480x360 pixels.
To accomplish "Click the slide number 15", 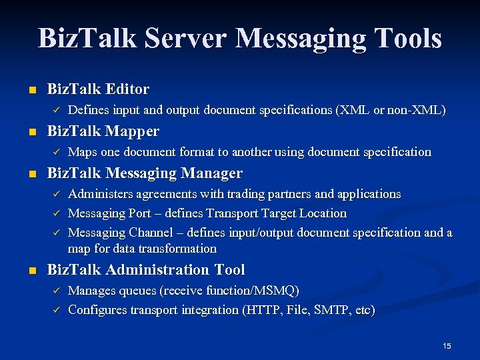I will click(x=447, y=345).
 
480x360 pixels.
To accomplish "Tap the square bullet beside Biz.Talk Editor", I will click(x=25, y=89).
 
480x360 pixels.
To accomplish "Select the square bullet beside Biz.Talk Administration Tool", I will click(x=25, y=271).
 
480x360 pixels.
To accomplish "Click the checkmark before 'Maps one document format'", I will click(x=56, y=152).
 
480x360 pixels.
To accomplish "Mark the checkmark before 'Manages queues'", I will click(x=56, y=291).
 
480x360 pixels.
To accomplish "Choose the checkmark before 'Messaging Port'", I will click(x=56, y=214).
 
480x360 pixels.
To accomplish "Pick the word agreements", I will click(x=162, y=194).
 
